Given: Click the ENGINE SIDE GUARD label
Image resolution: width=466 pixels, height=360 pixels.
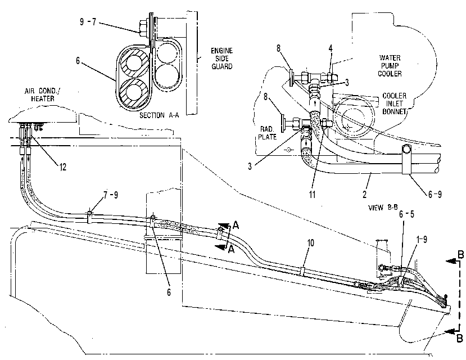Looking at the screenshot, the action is pyautogui.click(x=221, y=58).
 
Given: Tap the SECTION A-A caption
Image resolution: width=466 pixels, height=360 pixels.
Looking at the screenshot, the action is pyautogui.click(x=159, y=115).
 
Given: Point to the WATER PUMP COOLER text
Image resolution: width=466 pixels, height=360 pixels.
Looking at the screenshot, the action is pyautogui.click(x=390, y=66).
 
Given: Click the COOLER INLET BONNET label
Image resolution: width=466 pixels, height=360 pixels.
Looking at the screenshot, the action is pyautogui.click(x=394, y=103).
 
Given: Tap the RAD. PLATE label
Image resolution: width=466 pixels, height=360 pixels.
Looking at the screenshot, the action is pyautogui.click(x=267, y=133).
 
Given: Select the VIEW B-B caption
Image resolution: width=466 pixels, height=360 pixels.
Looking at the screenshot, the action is pyautogui.click(x=383, y=208).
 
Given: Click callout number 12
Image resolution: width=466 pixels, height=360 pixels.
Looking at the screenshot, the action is pyautogui.click(x=63, y=167).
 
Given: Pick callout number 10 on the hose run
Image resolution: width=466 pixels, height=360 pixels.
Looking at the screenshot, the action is pyautogui.click(x=310, y=243).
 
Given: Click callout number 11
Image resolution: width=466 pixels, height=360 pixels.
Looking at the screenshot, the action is pyautogui.click(x=312, y=195).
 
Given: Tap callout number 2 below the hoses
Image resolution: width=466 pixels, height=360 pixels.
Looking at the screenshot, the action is pyautogui.click(x=364, y=194).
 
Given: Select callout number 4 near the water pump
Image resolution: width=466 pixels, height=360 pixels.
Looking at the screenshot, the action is pyautogui.click(x=331, y=48).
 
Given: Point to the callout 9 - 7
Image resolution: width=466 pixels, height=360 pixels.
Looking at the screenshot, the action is pyautogui.click(x=88, y=22).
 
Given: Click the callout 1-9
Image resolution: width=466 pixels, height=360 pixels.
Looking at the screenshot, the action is pyautogui.click(x=422, y=239).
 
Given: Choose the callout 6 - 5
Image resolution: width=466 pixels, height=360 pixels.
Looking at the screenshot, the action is pyautogui.click(x=406, y=214).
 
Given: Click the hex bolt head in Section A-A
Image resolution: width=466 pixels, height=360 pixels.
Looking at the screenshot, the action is pyautogui.click(x=143, y=27).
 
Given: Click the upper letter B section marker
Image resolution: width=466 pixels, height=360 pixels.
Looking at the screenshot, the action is pyautogui.click(x=460, y=255).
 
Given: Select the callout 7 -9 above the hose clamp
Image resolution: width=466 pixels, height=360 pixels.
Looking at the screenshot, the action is pyautogui.click(x=111, y=195).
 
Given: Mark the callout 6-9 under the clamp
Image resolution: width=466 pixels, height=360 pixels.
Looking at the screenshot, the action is pyautogui.click(x=435, y=195).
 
